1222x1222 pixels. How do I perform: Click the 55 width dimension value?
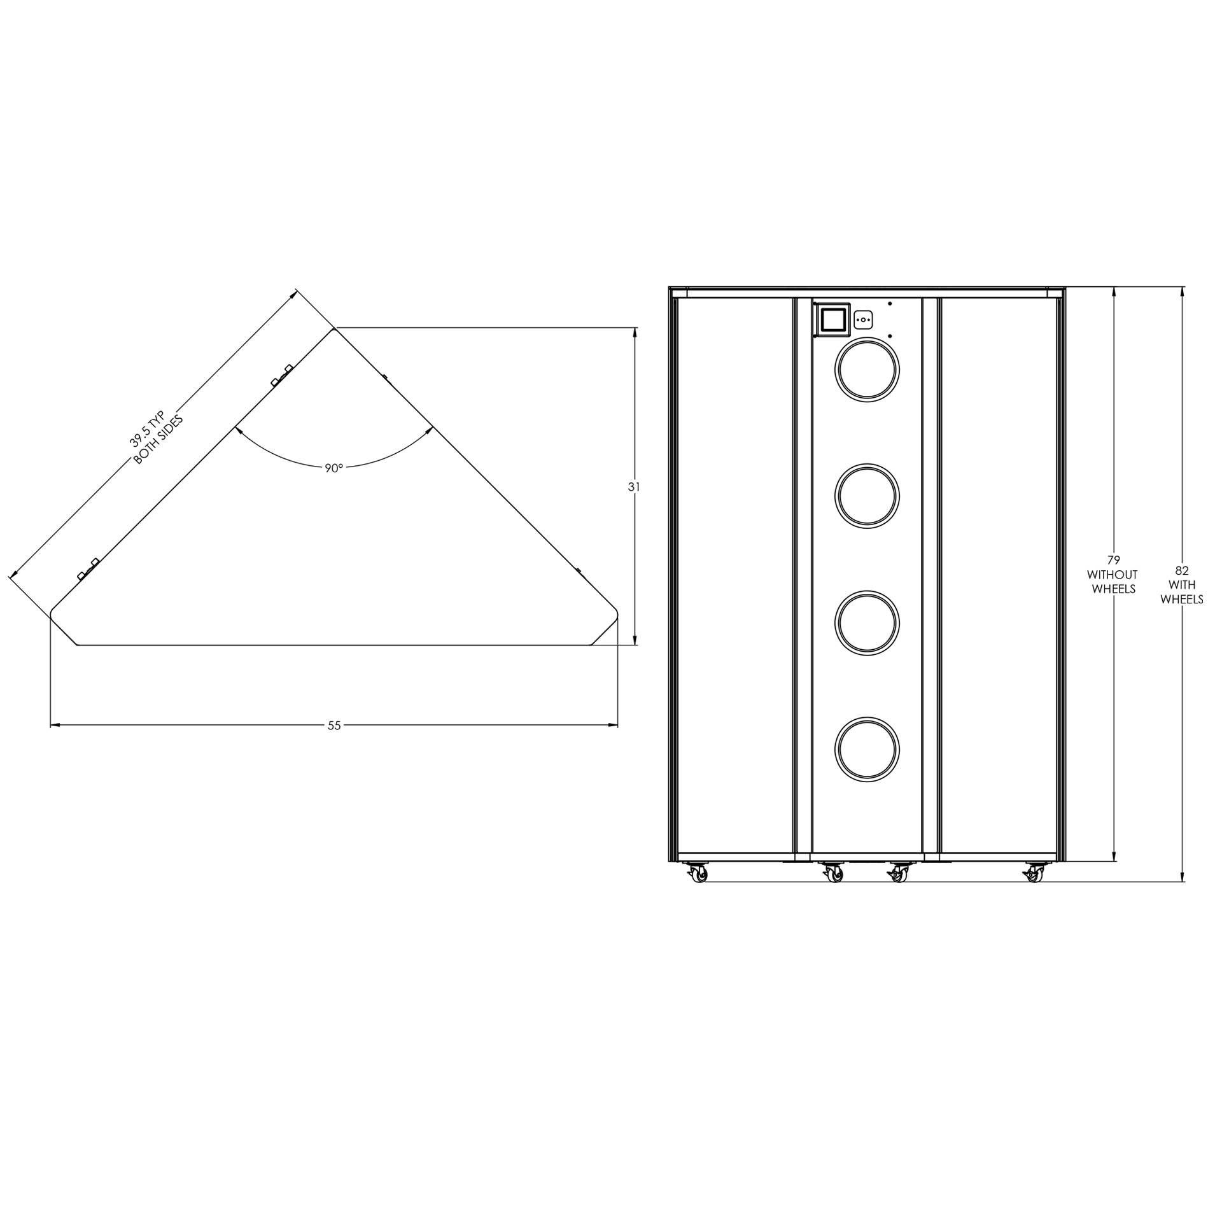(x=334, y=725)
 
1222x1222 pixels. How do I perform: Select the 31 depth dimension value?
(x=634, y=487)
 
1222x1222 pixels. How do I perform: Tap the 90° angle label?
(x=334, y=468)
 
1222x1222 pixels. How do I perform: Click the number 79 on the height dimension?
(x=1114, y=560)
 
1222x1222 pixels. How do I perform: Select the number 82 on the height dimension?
(x=1182, y=571)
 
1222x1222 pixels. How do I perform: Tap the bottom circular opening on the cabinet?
(x=867, y=749)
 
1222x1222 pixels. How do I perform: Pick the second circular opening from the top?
(x=867, y=496)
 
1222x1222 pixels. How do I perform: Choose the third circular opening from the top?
(x=867, y=623)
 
